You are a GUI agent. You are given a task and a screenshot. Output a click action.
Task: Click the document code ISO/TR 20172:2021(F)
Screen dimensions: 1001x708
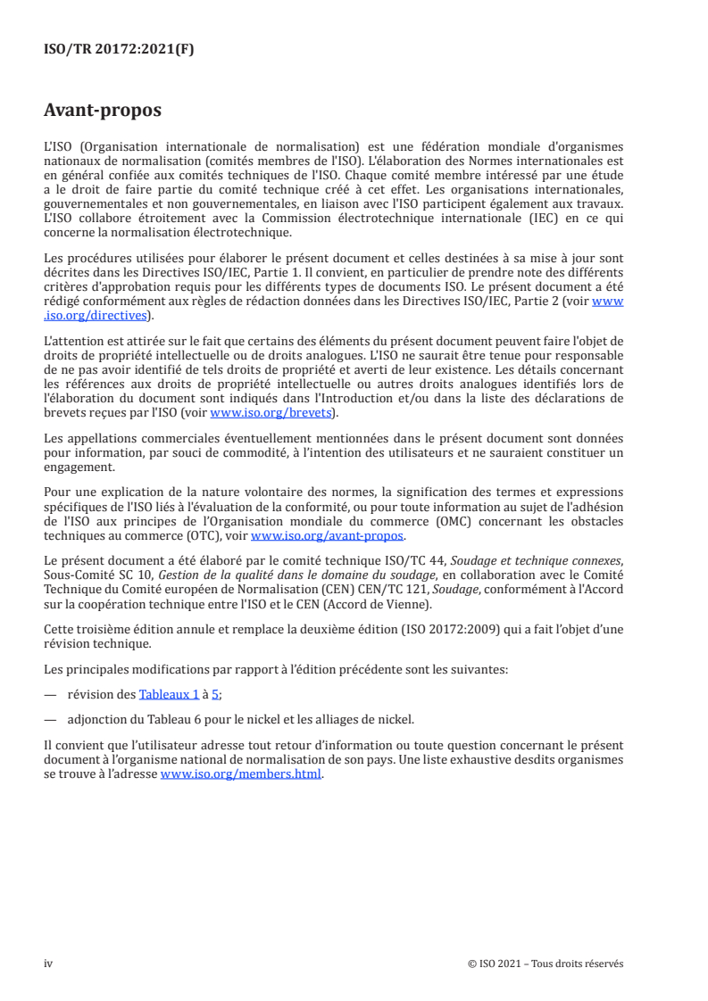pos(118,50)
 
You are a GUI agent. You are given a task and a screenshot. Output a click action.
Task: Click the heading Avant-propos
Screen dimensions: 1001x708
pos(103,112)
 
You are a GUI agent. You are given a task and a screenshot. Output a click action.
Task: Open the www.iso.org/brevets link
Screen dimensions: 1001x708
pos(271,413)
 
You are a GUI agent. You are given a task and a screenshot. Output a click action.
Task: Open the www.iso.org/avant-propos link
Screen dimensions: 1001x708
pos(328,536)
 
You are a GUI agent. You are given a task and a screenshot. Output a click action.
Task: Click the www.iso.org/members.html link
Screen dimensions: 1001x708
pos(241,775)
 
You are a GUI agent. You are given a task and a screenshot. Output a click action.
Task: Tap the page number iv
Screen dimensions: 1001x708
pos(48,964)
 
